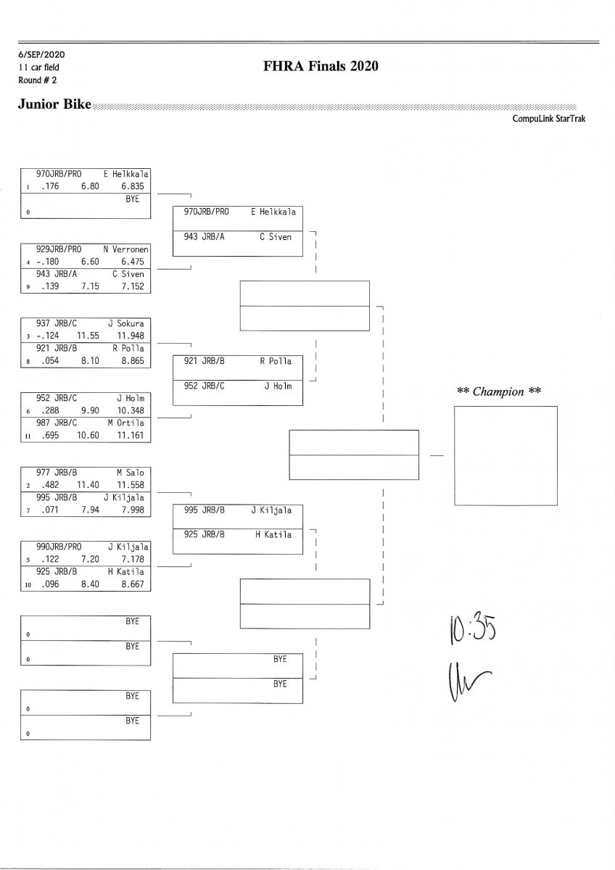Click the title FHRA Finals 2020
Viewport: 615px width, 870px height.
point(322,67)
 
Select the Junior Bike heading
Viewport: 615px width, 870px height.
point(54,105)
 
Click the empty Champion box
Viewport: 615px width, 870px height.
point(505,455)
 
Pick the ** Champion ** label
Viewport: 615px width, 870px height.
point(500,391)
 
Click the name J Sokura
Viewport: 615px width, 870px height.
point(128,323)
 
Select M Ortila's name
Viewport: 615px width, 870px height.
point(126,423)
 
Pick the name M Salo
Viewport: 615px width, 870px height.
point(131,473)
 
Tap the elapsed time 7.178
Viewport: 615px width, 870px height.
point(132,559)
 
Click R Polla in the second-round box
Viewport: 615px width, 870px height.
point(276,361)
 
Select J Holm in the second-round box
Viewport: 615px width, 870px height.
point(278,386)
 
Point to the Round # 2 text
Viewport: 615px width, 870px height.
point(33,80)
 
